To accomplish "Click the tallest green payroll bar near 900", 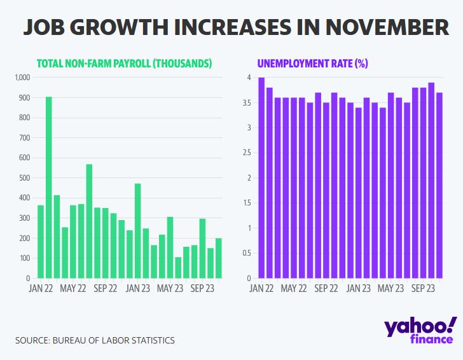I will point(48,188).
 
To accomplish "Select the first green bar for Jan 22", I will point(41,242).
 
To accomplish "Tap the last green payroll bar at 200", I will point(218,258).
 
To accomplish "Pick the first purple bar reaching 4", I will point(261,178).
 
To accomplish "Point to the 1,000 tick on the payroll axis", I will point(22,78).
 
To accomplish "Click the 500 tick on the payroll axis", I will point(25,178).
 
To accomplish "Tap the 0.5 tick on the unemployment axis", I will point(251,253).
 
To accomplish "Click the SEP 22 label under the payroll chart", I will point(105,287).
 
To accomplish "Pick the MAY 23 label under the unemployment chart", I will point(390,287).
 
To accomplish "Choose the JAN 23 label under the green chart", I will point(137,287).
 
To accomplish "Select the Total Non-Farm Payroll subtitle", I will point(124,64).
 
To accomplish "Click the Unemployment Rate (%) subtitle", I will point(312,64).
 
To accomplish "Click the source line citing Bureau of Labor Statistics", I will point(95,340).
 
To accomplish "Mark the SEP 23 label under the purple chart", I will point(422,287).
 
